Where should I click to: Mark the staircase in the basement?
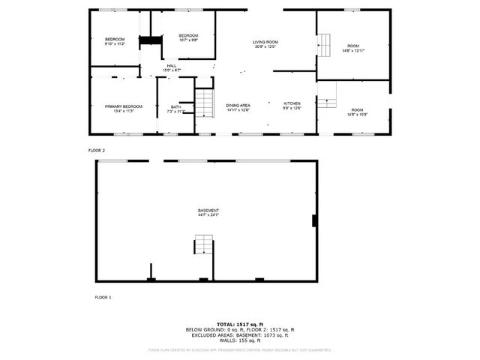[x=204, y=246]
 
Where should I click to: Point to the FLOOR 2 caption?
[x=97, y=151]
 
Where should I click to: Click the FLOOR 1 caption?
[x=103, y=298]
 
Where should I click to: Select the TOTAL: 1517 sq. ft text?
[x=240, y=324]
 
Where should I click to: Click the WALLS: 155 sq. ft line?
[x=240, y=340]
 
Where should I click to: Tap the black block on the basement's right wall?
[x=313, y=220]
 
